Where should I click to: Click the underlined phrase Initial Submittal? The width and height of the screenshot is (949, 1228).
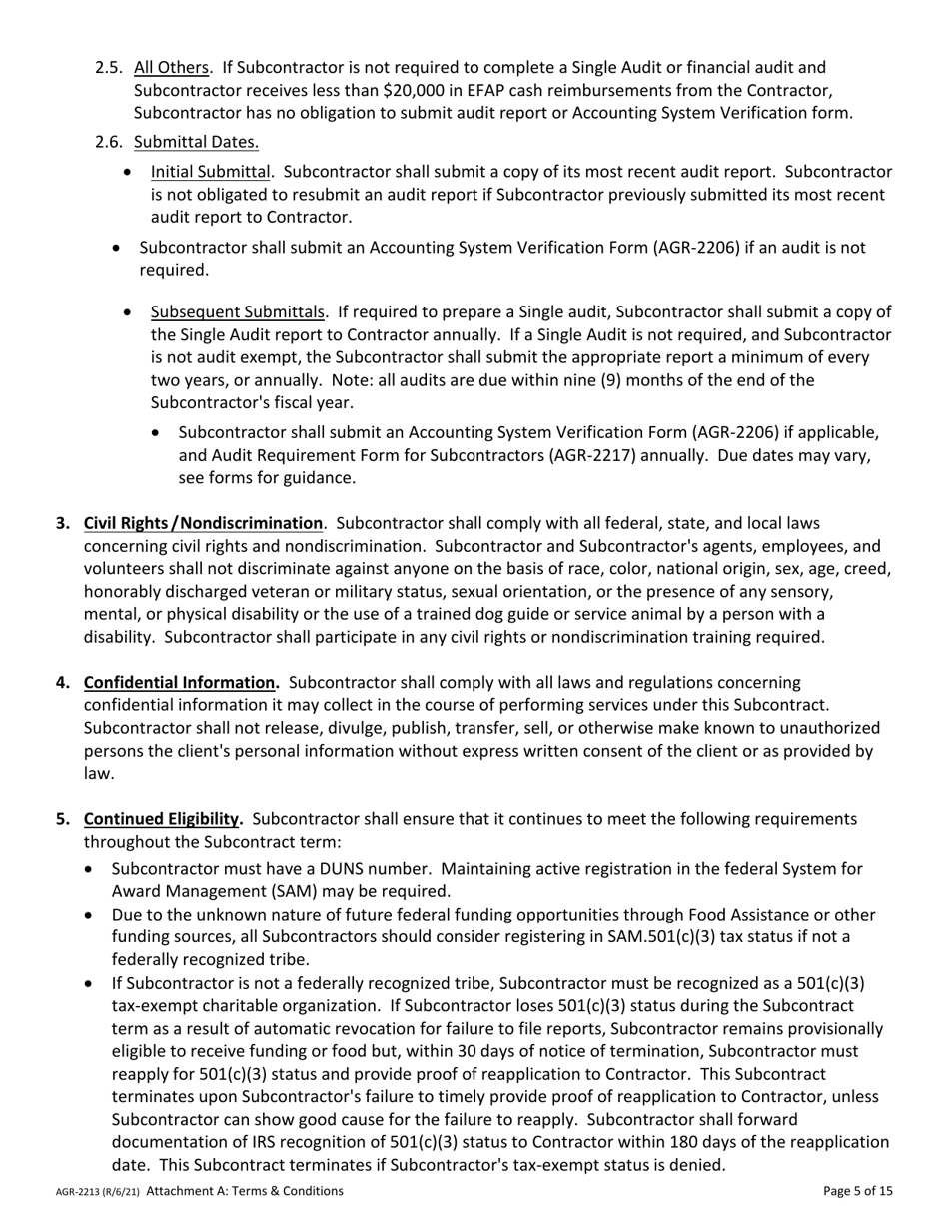[211, 172]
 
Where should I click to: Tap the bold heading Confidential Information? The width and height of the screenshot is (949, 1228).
[181, 683]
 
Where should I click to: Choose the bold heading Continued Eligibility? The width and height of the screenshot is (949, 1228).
[163, 819]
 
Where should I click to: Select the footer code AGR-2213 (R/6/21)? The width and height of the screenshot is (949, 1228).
[97, 1192]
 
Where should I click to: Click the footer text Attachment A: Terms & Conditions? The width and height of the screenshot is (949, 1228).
[245, 1191]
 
